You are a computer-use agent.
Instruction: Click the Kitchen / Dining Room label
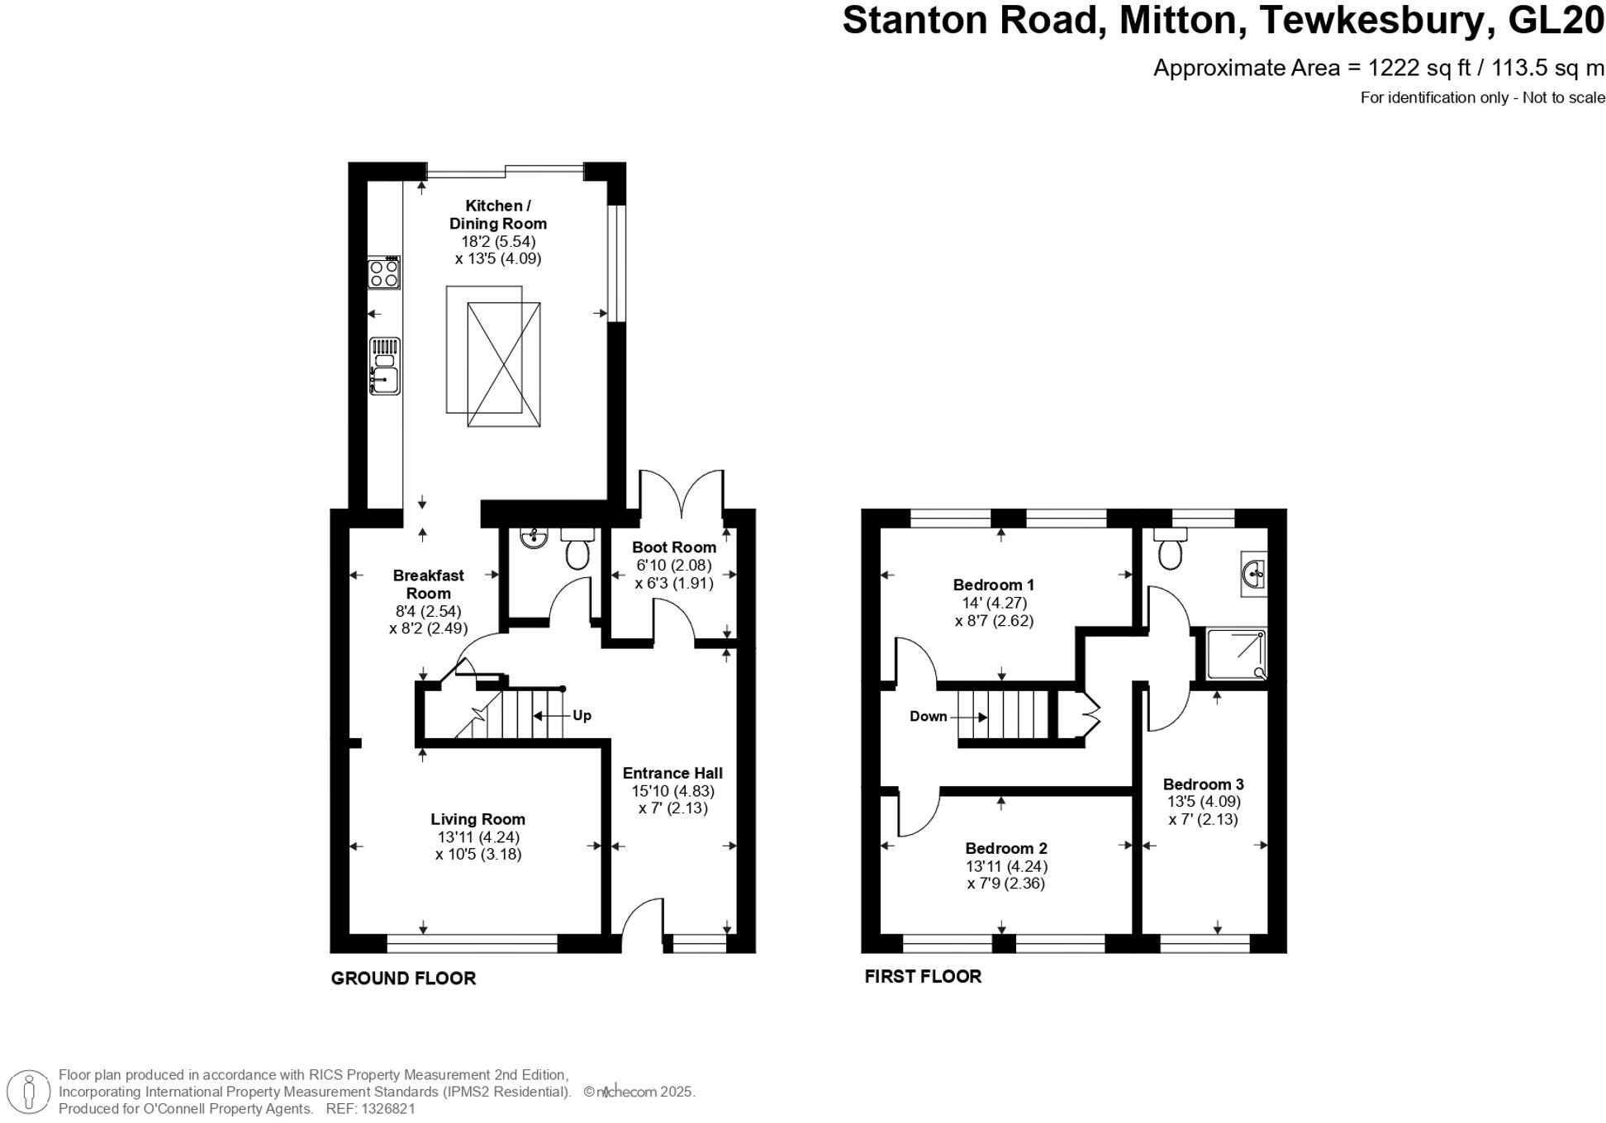[x=497, y=215]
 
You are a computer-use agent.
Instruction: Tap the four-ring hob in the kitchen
[x=384, y=273]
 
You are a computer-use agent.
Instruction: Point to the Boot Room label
[x=673, y=547]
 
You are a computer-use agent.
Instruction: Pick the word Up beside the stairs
[x=582, y=715]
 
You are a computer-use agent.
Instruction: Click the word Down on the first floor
[x=928, y=716]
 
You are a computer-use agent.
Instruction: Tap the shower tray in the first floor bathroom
[x=1236, y=654]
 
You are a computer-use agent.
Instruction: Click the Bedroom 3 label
[x=1203, y=784]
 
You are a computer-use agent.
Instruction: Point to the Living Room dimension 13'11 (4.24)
[x=478, y=836]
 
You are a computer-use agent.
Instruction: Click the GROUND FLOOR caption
[x=403, y=978]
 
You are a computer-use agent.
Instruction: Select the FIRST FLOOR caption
[x=923, y=977]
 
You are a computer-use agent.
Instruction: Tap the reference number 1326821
[x=382, y=1110]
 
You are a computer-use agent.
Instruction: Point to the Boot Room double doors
[x=682, y=494]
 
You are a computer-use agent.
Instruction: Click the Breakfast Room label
[x=428, y=585]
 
